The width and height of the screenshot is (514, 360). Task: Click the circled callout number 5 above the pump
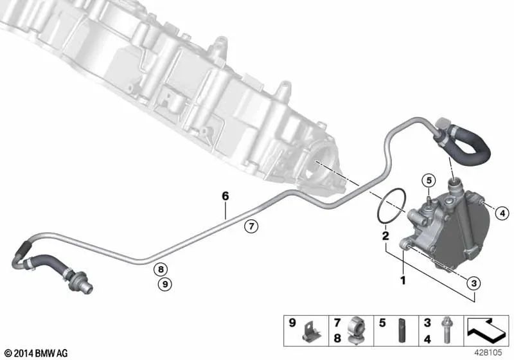click(429, 181)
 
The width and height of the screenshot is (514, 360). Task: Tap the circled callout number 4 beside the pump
click(502, 213)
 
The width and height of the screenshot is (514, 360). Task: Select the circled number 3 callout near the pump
click(474, 283)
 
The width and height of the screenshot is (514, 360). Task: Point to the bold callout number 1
click(403, 280)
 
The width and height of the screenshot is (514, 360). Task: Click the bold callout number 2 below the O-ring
click(385, 235)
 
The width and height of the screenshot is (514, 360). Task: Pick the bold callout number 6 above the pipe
click(226, 196)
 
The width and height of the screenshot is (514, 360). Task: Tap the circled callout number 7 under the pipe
click(251, 226)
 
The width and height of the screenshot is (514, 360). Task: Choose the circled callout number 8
click(161, 269)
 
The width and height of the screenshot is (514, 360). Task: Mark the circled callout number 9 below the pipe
click(165, 284)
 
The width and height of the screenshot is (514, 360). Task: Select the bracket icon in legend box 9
click(312, 332)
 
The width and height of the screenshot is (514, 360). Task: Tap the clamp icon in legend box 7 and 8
click(355, 330)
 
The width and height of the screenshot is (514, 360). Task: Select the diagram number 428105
click(488, 352)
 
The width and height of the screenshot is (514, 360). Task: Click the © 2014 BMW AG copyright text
click(37, 353)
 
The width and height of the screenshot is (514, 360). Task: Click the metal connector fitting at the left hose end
click(80, 283)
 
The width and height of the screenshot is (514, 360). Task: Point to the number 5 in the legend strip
click(382, 323)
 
